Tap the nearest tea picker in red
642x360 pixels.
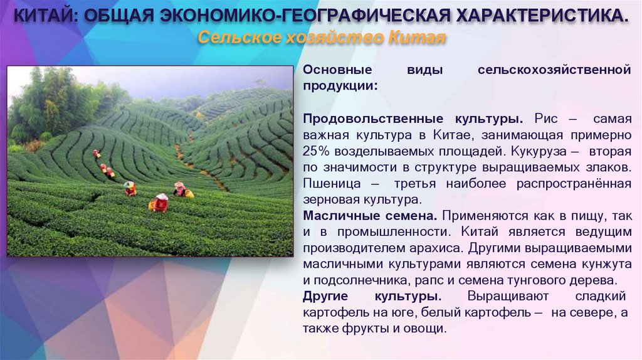160,202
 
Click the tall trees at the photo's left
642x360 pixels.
47,103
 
